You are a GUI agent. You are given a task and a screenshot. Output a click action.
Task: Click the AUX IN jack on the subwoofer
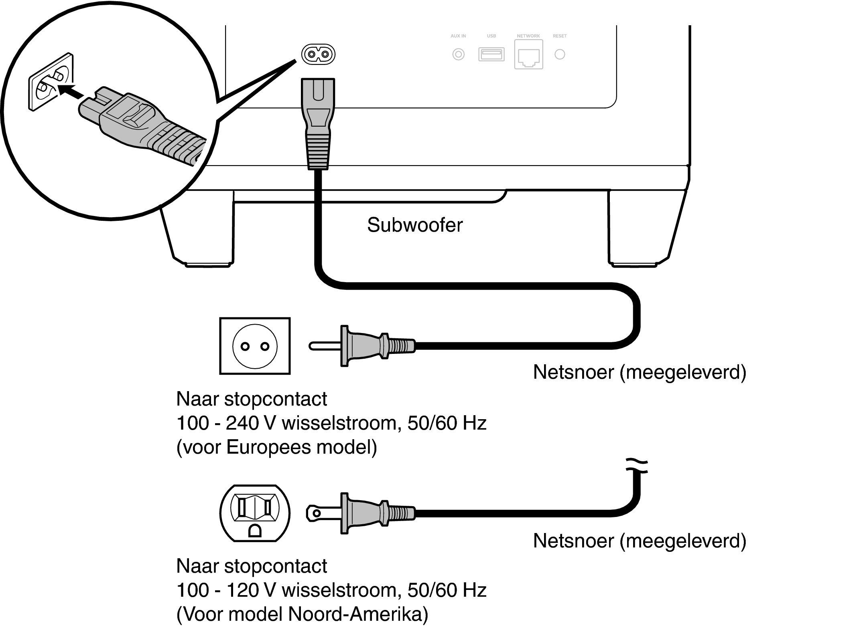tap(458, 54)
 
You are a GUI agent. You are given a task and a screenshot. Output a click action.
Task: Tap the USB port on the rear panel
tap(491, 54)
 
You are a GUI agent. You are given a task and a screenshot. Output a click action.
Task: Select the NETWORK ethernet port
tap(528, 55)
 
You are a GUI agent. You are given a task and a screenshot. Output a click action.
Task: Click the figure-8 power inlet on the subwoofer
tap(318, 54)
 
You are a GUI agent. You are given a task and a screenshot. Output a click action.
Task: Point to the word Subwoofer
tap(414, 225)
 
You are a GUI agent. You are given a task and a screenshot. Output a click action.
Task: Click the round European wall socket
tap(255, 346)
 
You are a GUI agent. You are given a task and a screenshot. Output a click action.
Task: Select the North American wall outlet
tap(255, 513)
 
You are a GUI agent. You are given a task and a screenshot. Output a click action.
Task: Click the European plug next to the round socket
tap(361, 346)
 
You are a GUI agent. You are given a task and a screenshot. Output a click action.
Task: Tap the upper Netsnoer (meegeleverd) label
tap(639, 372)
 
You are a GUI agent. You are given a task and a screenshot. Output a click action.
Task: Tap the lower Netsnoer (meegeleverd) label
tap(639, 541)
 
